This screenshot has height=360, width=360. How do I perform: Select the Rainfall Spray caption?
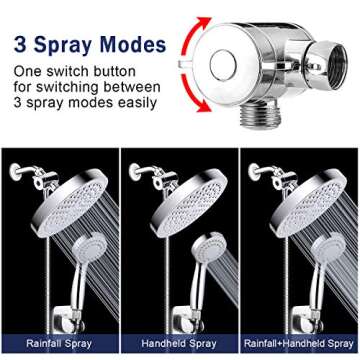[x=59, y=343]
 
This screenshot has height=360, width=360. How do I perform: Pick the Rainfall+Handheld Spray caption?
[x=299, y=343]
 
